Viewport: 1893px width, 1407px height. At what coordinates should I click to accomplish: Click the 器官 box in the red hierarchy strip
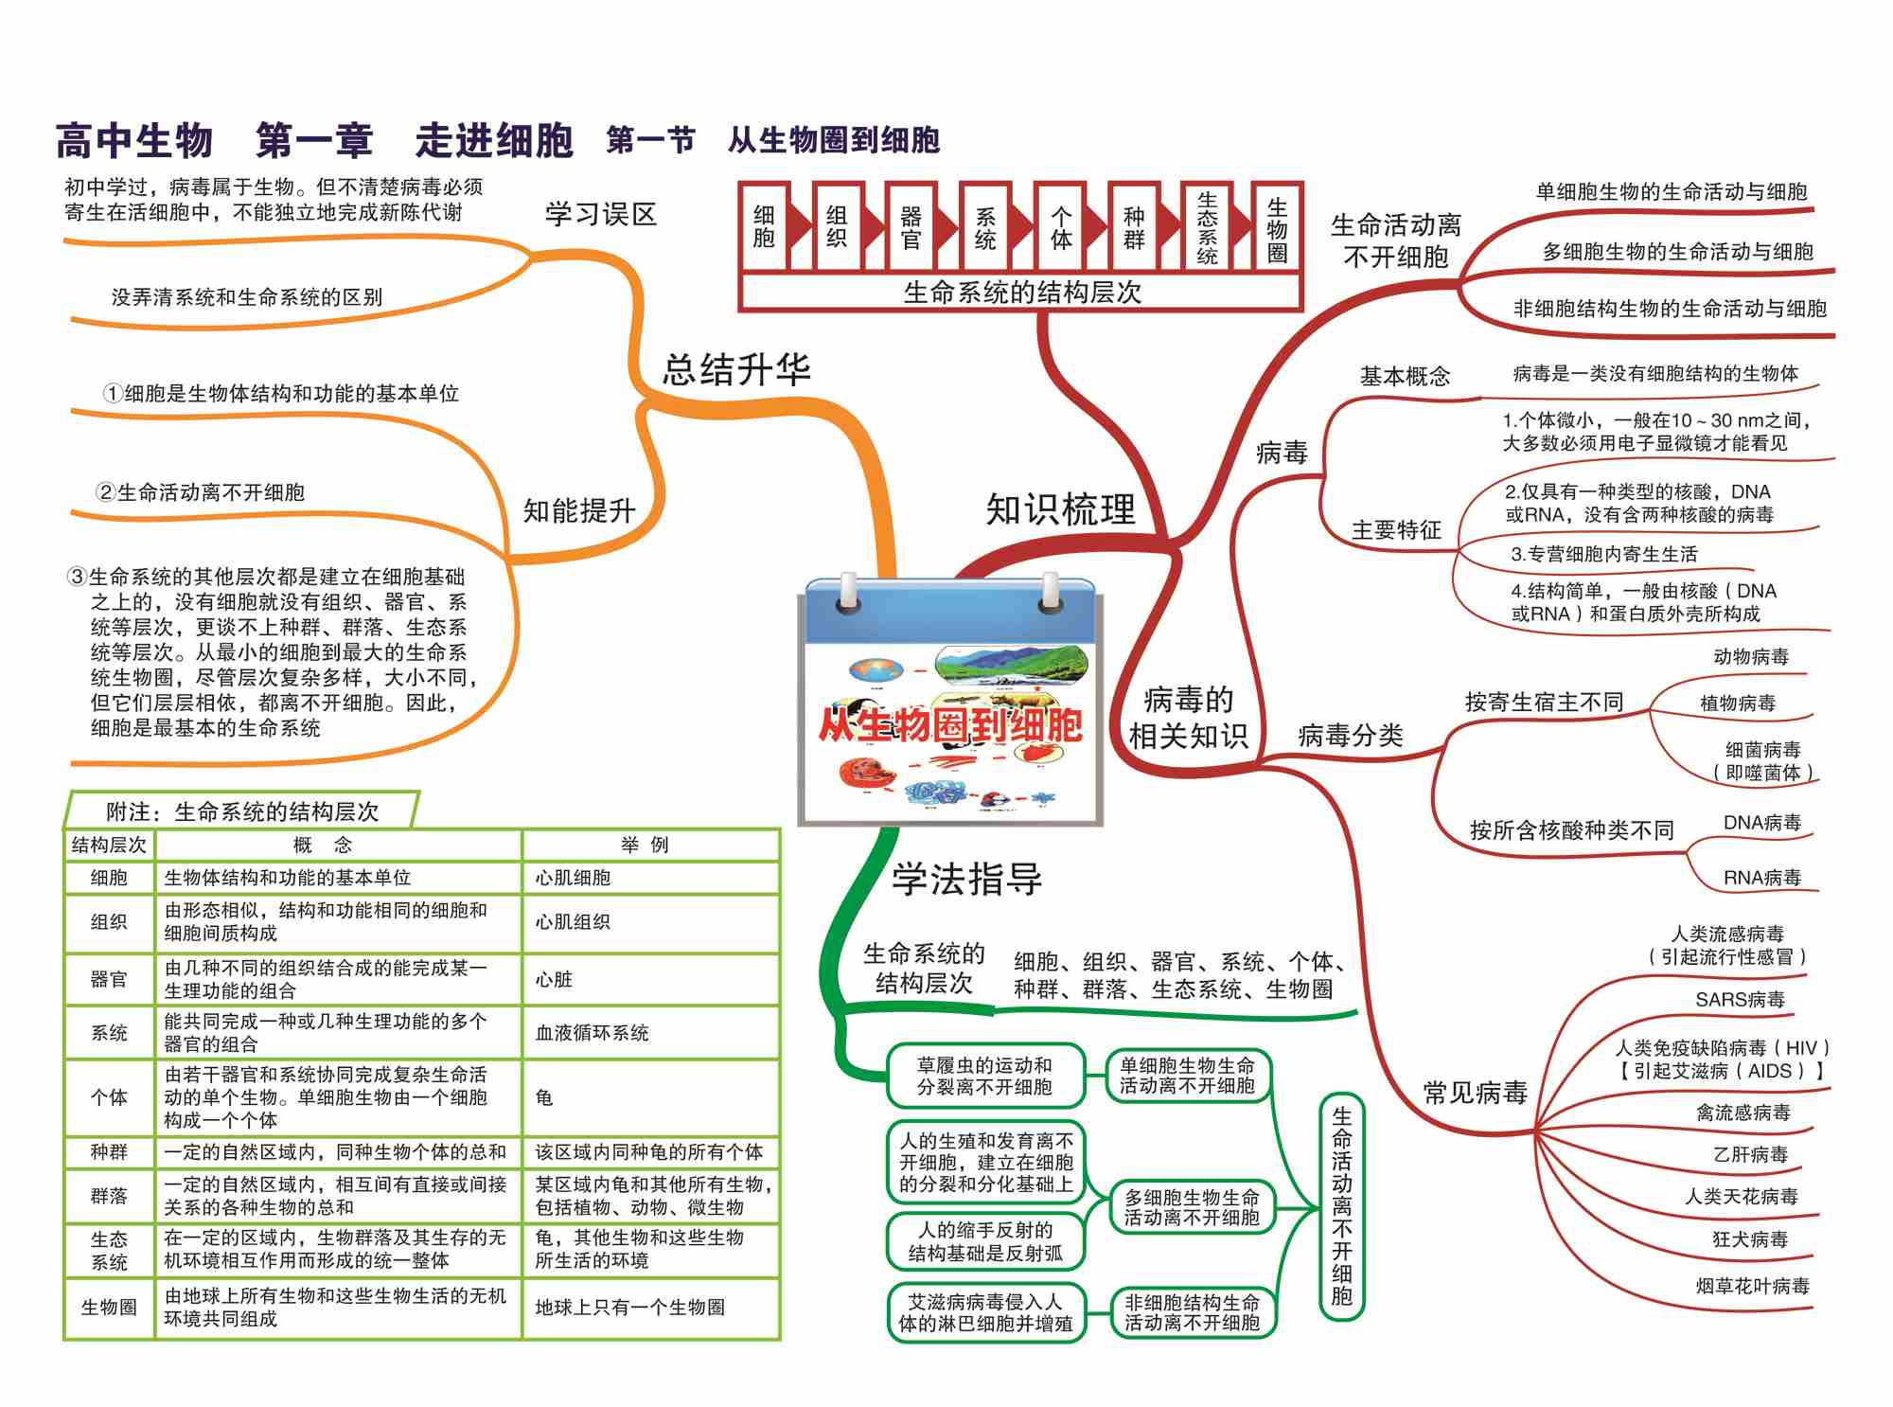[911, 228]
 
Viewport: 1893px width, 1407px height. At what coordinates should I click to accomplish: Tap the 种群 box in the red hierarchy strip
[1133, 228]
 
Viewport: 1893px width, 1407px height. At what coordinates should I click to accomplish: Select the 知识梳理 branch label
[1060, 509]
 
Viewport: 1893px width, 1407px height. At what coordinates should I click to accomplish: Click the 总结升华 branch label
[735, 369]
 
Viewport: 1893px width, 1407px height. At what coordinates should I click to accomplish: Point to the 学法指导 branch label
[966, 879]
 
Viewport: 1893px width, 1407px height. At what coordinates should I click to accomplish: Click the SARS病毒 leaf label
[1740, 999]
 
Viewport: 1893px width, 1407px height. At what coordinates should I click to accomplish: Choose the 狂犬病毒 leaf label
[1750, 1238]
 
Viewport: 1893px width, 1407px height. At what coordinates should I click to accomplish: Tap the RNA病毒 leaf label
[1761, 878]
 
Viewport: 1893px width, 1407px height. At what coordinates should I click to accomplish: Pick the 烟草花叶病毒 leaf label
[1752, 1286]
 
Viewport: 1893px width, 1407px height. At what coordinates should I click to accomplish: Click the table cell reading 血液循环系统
[593, 1033]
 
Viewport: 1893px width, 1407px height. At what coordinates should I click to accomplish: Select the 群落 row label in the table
[109, 1196]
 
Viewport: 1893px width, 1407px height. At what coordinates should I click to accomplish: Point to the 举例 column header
[646, 845]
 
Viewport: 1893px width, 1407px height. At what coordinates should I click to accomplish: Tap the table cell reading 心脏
[554, 979]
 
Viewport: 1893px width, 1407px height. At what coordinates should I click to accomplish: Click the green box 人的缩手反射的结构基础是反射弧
[985, 1241]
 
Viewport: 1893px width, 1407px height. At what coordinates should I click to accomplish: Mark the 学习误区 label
[600, 214]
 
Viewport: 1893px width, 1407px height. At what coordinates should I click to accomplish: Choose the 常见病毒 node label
[1476, 1093]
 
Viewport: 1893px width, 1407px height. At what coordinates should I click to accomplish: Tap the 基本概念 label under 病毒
[1405, 376]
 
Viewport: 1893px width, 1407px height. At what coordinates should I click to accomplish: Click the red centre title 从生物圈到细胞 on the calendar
[950, 725]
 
